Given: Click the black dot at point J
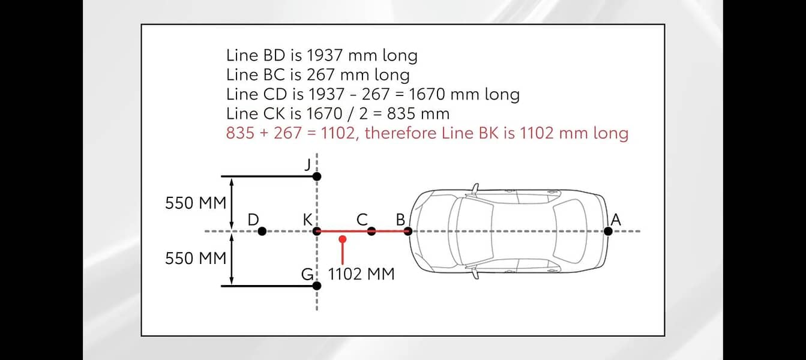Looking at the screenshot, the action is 317,176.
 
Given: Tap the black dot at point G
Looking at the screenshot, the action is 317,286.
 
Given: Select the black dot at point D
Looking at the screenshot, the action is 262,231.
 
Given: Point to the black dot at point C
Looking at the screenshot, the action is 371,231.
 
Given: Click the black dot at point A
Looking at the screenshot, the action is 608,231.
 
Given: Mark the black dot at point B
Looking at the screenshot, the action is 408,231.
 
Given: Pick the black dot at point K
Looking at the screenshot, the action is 317,231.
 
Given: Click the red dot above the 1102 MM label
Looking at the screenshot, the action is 343,239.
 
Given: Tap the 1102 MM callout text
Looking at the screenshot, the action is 361,274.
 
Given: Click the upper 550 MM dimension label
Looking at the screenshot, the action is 196,203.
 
